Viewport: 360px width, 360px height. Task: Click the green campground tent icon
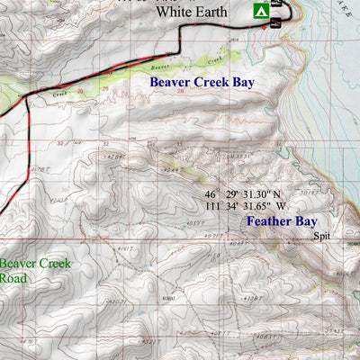coord(258,11)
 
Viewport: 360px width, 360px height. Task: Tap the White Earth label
coord(191,12)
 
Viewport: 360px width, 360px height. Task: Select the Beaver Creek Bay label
coord(202,82)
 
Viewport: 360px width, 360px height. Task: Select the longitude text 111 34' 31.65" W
coord(245,206)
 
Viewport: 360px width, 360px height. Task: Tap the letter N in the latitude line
coord(276,193)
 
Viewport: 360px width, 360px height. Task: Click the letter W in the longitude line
coord(280,206)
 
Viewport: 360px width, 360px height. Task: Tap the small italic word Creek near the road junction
coord(60,93)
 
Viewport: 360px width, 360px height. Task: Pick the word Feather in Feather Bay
coord(268,219)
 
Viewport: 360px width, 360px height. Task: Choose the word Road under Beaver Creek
coord(13,279)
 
